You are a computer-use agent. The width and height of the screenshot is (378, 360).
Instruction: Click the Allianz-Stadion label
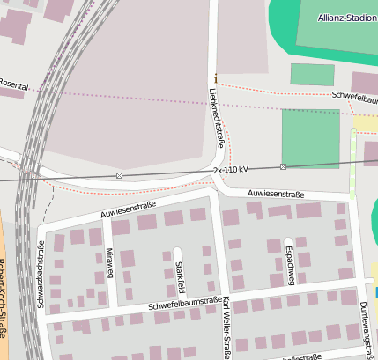click(x=346, y=18)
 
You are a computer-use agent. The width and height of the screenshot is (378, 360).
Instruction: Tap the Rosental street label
click(x=13, y=84)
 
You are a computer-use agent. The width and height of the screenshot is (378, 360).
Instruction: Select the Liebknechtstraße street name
click(x=218, y=121)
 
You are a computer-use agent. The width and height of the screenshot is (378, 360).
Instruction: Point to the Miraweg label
click(x=110, y=262)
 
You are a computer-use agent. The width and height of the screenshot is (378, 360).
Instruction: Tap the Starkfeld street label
click(x=180, y=276)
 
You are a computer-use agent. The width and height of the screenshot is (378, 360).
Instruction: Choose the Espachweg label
click(x=290, y=261)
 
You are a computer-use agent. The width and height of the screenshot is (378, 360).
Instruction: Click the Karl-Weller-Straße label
click(x=227, y=327)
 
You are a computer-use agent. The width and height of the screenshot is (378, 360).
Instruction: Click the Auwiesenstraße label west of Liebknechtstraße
click(x=128, y=209)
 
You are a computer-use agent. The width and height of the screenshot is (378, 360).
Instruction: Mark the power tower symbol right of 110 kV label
click(x=283, y=166)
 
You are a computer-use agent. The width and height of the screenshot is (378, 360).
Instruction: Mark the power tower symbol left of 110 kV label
click(x=119, y=175)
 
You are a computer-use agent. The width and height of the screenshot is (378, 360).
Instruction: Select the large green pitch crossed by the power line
click(x=310, y=138)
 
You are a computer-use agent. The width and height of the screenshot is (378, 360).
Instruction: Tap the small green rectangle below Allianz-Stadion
click(x=312, y=75)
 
